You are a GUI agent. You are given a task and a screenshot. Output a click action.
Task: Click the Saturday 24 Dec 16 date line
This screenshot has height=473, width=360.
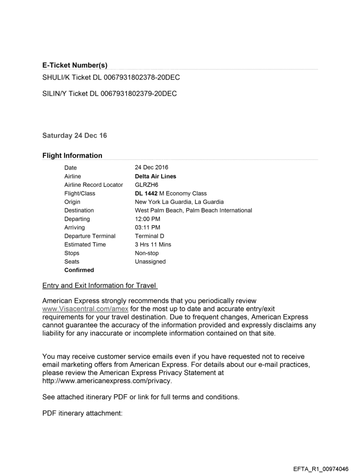point(75,136)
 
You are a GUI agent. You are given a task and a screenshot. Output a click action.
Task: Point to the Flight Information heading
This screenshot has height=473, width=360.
point(72,156)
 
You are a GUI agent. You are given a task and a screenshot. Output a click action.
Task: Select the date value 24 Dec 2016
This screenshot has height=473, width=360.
point(151,168)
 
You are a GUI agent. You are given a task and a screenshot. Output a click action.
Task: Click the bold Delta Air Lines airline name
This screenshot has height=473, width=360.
point(155,176)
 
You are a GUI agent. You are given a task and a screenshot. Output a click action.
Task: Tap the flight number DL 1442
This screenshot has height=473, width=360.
point(146,193)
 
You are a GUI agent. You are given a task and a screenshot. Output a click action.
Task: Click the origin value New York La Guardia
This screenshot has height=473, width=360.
point(180,202)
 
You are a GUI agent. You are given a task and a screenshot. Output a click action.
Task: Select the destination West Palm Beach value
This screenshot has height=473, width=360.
point(193,210)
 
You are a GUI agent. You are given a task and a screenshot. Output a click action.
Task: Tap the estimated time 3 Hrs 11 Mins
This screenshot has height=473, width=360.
point(153,245)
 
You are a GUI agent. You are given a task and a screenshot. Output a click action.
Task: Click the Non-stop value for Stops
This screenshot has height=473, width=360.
point(146,253)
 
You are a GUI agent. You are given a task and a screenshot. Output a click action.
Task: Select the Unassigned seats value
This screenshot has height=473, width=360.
point(150,261)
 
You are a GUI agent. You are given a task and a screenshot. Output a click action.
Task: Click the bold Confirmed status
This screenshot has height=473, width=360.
point(79,270)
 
